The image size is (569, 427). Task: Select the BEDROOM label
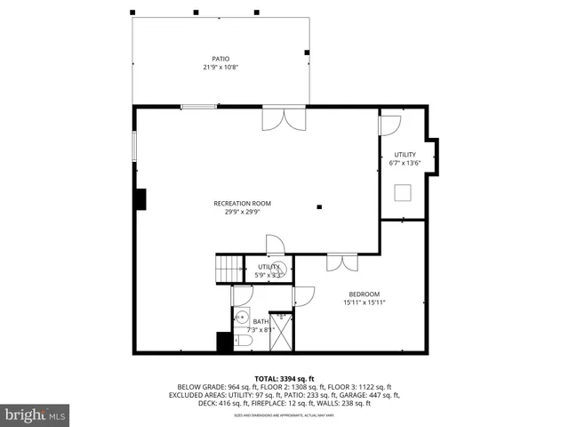(x=364, y=294)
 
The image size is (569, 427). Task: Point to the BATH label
(x=260, y=321)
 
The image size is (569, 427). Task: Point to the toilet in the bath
(x=244, y=340)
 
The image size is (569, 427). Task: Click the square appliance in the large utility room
(x=404, y=193)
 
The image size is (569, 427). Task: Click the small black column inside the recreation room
(x=317, y=206)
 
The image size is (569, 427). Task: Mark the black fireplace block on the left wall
(x=140, y=198)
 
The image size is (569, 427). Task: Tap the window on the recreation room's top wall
(x=199, y=108)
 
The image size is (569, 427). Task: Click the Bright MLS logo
(x=36, y=415)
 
